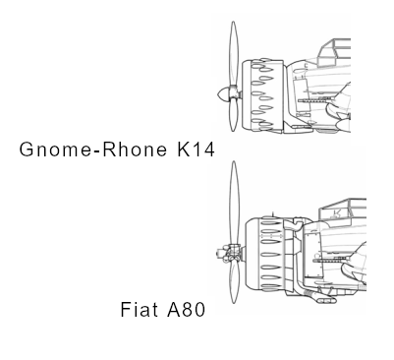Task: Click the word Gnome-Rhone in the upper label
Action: [x=93, y=150]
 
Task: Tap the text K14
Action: [x=196, y=150]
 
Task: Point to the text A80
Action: [x=186, y=309]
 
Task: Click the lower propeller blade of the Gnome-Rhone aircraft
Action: [x=233, y=115]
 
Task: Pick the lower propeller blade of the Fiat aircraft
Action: [x=234, y=282]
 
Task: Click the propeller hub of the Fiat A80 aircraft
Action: [x=229, y=254]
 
